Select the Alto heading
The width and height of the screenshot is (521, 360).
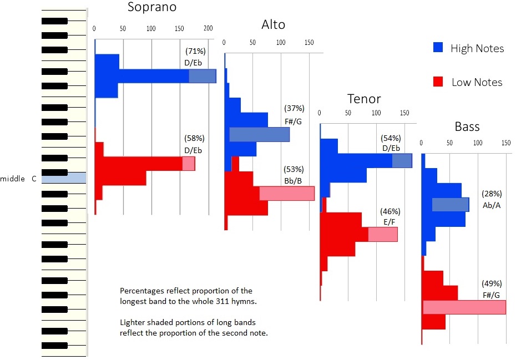(273, 24)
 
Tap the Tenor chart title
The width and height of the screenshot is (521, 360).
(364, 99)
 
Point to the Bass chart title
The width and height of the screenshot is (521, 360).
(467, 127)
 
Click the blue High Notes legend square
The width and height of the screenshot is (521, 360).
(438, 48)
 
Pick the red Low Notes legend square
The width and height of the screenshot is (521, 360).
(438, 82)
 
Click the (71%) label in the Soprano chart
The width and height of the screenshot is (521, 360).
(195, 52)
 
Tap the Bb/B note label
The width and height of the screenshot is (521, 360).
(293, 180)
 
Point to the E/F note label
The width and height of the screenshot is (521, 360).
(390, 221)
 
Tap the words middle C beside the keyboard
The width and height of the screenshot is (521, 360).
(18, 179)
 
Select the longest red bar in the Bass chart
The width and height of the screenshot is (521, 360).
(464, 307)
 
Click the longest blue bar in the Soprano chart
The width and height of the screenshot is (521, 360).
(155, 76)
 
